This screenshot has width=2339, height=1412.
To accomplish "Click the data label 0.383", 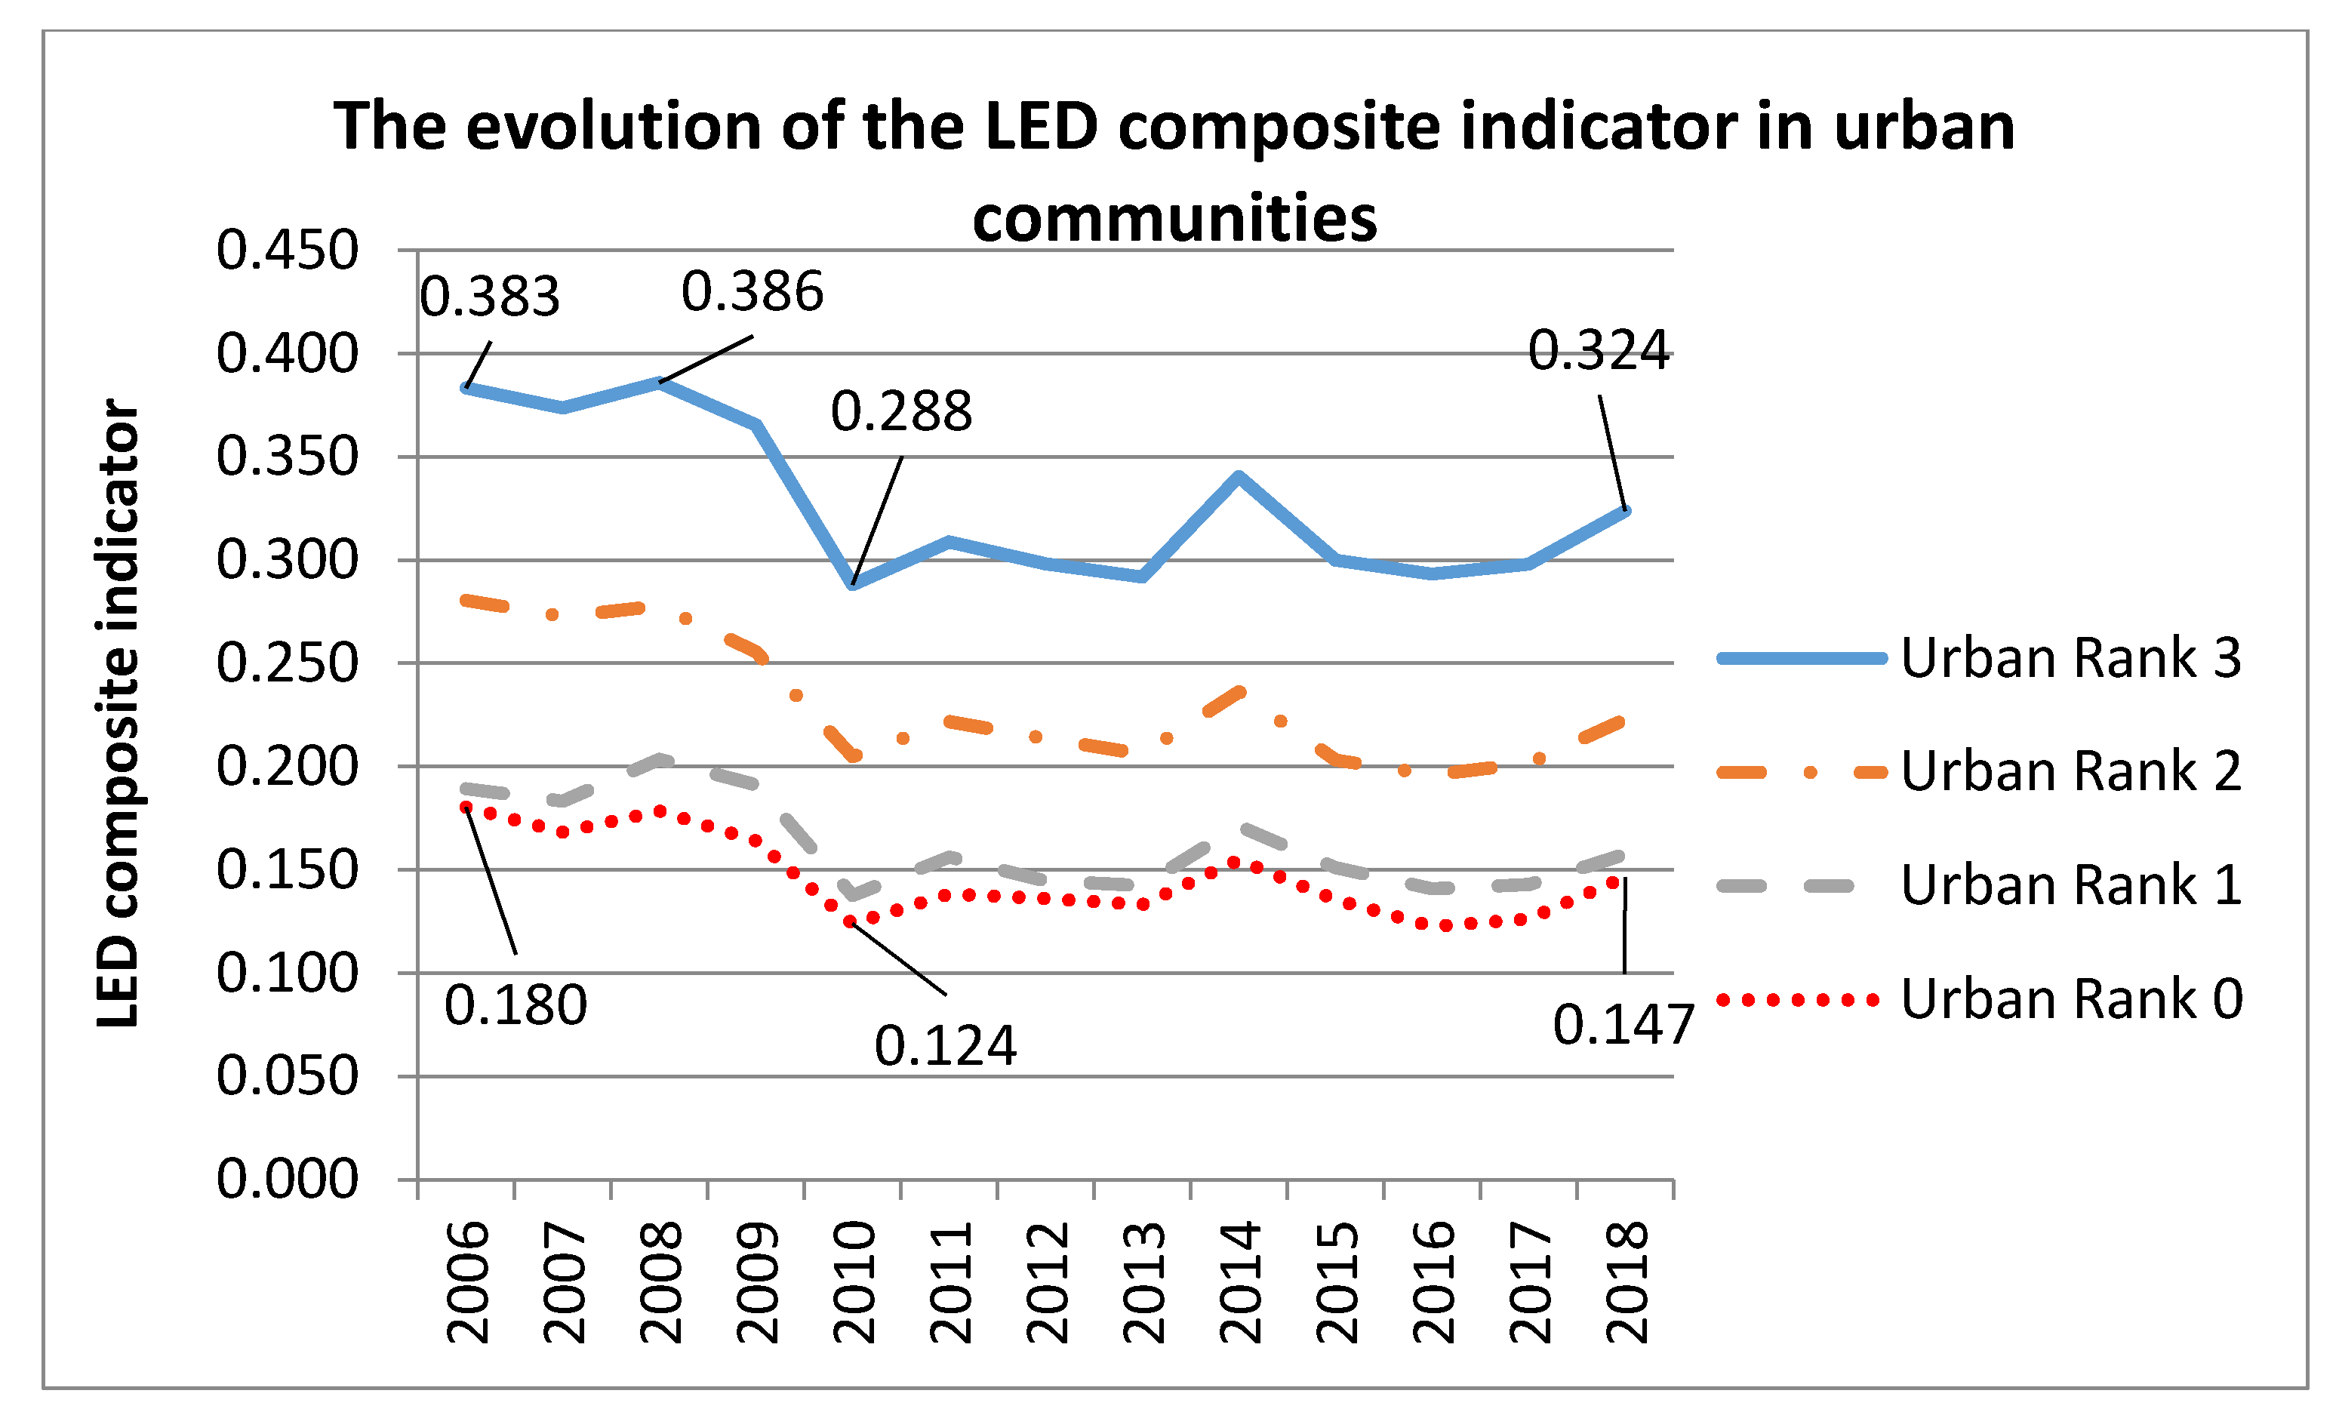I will pyautogui.click(x=490, y=297).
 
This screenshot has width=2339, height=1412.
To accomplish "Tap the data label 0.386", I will pyautogui.click(x=752, y=291).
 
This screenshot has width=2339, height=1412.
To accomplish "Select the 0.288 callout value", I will pyautogui.click(x=901, y=412).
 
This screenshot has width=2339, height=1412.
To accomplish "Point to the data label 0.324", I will pyautogui.click(x=1598, y=351).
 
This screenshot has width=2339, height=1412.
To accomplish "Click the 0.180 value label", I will pyautogui.click(x=516, y=1006).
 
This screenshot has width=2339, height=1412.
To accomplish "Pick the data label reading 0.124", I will pyautogui.click(x=946, y=1047).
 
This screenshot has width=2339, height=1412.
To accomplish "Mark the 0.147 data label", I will pyautogui.click(x=1623, y=1025).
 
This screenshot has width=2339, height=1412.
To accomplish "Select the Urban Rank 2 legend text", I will pyautogui.click(x=2070, y=771).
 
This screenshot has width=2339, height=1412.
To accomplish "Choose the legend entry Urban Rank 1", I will pyautogui.click(x=2070, y=884).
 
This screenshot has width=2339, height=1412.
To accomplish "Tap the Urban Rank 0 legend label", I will pyautogui.click(x=2070, y=998).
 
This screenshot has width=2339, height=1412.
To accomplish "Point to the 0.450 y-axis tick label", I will pyautogui.click(x=288, y=251).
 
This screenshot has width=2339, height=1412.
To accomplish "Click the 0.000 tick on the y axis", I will pyautogui.click(x=288, y=1180).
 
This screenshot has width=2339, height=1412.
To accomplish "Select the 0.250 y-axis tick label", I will pyautogui.click(x=288, y=663).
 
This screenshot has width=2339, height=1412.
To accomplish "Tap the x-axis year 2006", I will pyautogui.click(x=468, y=1282).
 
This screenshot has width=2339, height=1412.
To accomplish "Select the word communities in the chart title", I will pyautogui.click(x=1174, y=218).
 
